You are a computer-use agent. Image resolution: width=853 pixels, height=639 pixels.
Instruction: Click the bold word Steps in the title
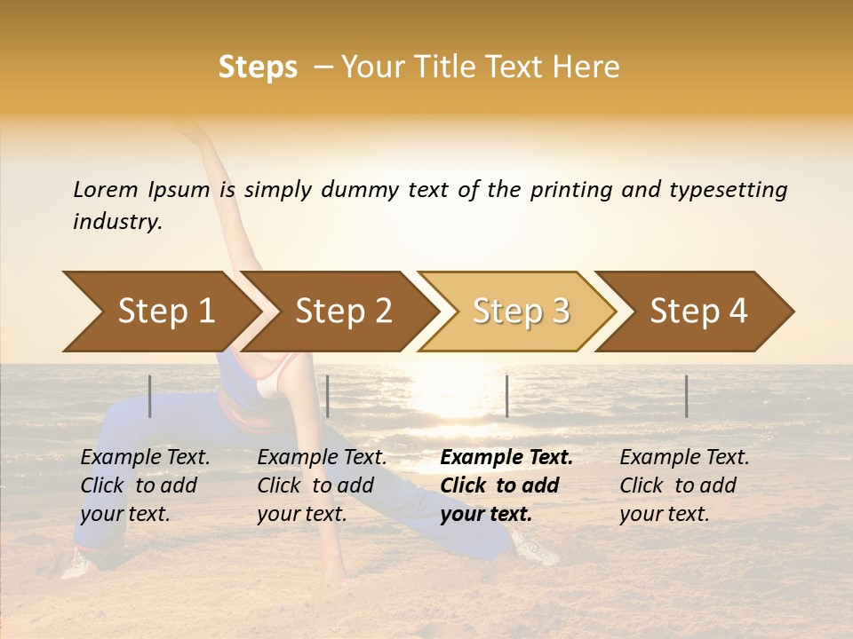(x=258, y=67)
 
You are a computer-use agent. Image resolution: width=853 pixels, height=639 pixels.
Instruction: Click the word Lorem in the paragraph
(x=106, y=189)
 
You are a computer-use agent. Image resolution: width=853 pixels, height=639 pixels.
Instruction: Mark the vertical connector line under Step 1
(x=150, y=396)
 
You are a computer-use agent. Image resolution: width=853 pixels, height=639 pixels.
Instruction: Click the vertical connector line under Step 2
(x=328, y=396)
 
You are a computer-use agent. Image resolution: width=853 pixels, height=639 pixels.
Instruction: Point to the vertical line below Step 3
(x=506, y=396)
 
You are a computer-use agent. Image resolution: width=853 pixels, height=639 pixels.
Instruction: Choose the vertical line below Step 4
(x=686, y=396)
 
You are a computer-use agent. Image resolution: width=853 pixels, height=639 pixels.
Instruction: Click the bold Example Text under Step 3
(x=506, y=458)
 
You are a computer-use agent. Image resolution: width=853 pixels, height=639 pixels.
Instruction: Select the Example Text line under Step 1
(x=145, y=458)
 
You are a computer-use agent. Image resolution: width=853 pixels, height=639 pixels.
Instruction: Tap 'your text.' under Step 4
(x=664, y=514)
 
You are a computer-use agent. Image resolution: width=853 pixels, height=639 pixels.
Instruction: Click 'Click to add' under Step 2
(x=315, y=485)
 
